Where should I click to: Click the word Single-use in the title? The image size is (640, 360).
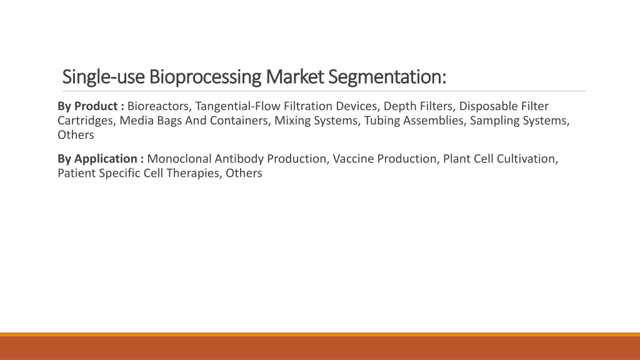103,77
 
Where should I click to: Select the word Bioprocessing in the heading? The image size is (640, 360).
205,77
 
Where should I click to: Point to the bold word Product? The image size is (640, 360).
96,106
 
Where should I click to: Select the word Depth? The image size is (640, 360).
397,107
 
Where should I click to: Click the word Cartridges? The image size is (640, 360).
85,121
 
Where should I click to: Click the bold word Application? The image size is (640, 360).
106,159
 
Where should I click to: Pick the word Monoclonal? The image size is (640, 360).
179,159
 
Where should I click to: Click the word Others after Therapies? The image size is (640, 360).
244,173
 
